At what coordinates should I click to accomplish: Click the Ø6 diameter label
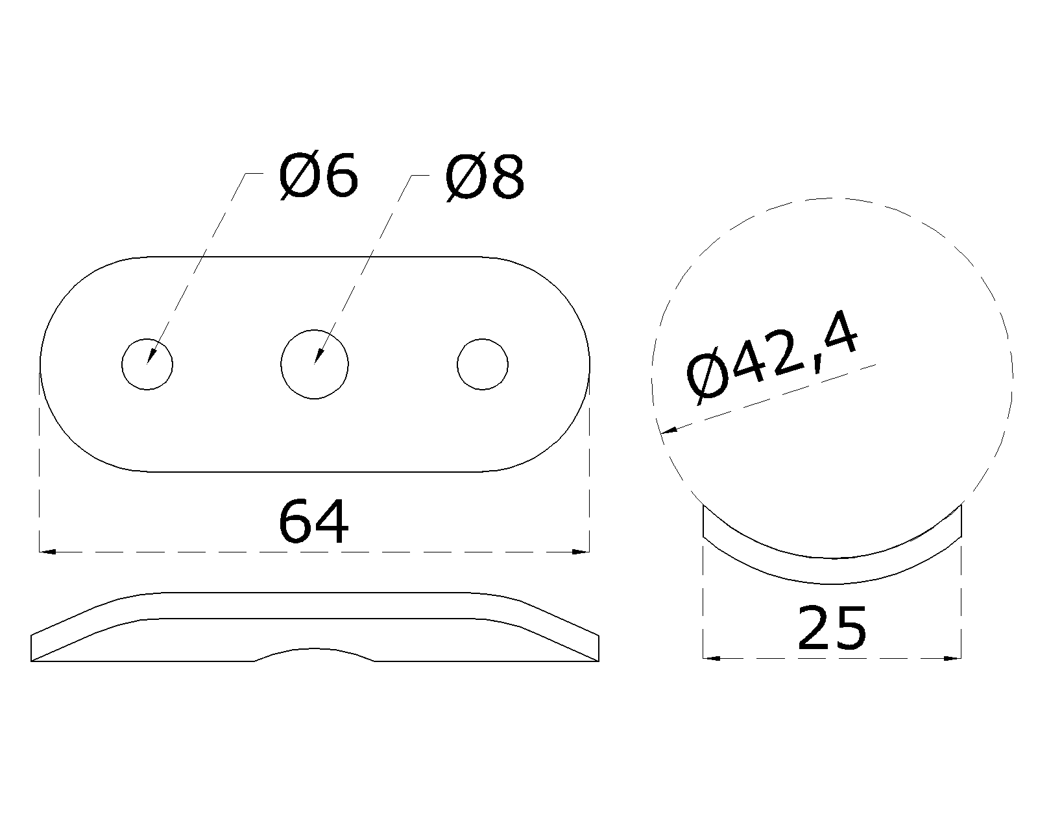click(319, 176)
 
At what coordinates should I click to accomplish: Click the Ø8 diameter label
click(485, 178)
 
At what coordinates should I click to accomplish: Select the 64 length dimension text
click(313, 522)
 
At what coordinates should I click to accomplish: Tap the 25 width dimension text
click(832, 628)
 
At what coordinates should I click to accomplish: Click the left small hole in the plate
click(147, 364)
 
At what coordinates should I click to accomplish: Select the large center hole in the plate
click(315, 364)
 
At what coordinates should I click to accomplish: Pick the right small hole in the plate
click(482, 364)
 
